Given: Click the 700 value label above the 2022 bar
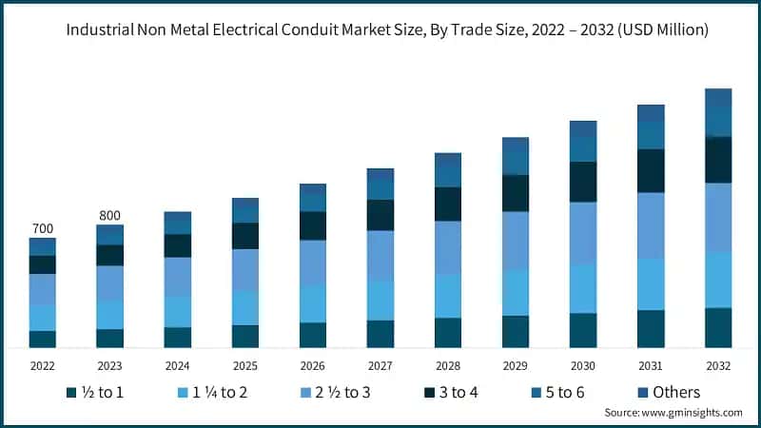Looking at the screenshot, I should (42, 228).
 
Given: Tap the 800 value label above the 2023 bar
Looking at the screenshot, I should (109, 215).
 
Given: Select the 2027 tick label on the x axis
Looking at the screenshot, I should (380, 365).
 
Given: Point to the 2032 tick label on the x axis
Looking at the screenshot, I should (718, 365).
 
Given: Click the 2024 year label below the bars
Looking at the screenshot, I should (177, 365).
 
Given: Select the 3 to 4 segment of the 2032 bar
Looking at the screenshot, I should (718, 160).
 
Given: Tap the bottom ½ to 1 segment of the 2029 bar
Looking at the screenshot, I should (516, 332).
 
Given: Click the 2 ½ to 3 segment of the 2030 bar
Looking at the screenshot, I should (583, 233).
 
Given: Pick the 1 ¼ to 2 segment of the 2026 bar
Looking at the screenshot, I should (313, 303).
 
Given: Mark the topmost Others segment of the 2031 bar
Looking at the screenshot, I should (651, 112).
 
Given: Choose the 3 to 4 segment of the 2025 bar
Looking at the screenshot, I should (245, 236).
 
